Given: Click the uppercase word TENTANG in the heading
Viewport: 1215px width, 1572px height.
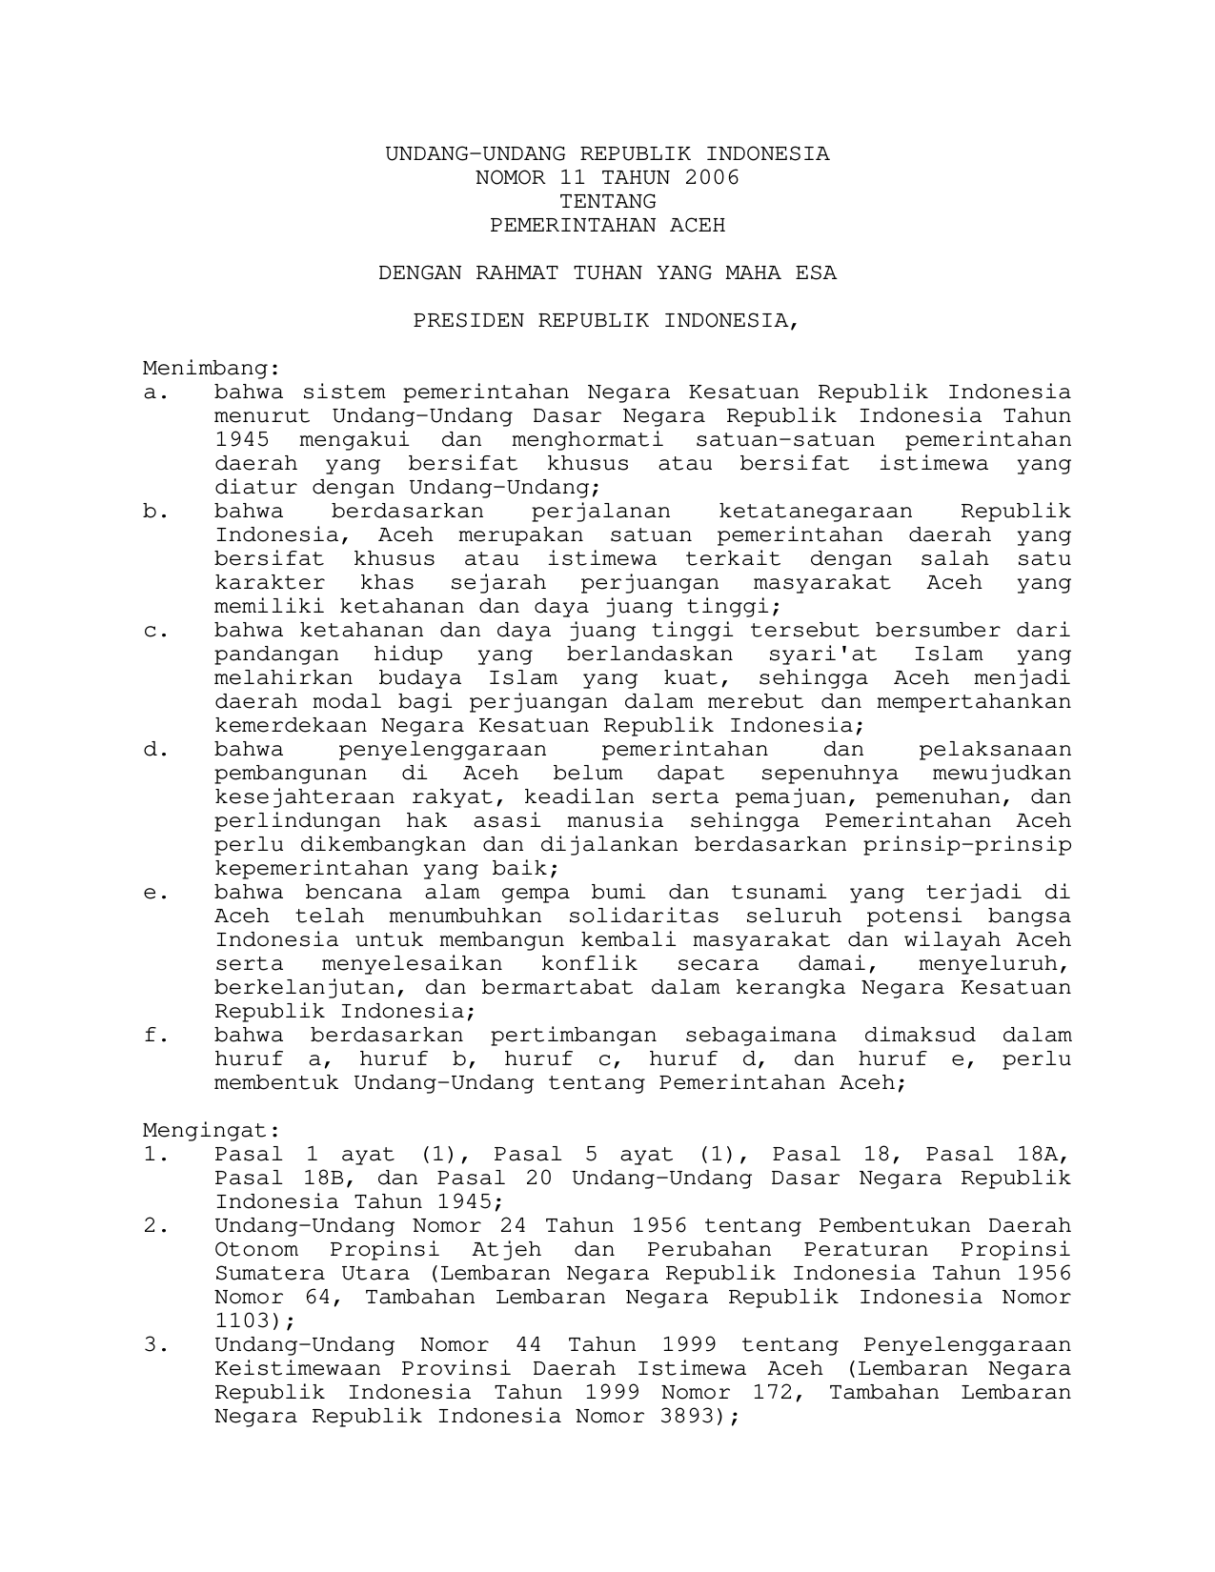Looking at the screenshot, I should [607, 201].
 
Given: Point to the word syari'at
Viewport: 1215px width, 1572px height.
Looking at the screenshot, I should [823, 654].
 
